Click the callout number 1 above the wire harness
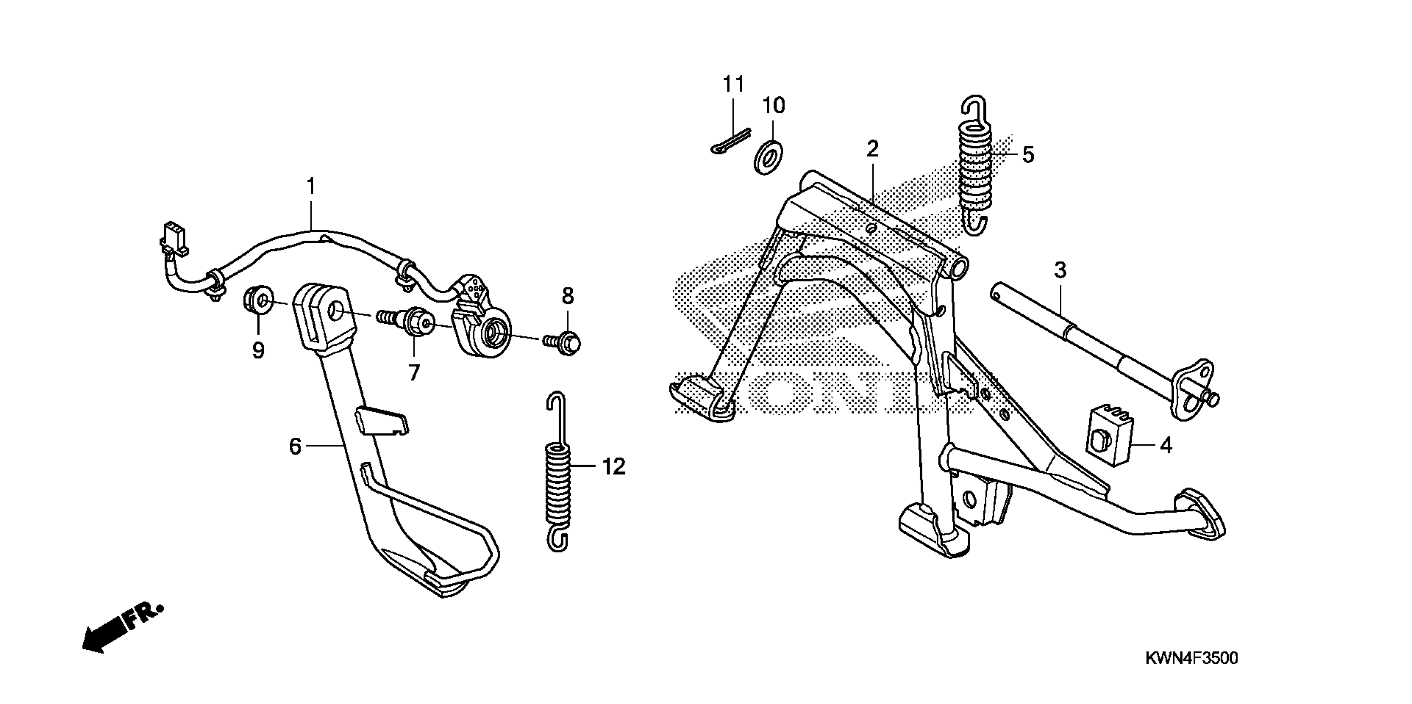pos(311,187)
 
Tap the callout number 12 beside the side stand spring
pos(613,467)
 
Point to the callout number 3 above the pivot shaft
pos(1060,270)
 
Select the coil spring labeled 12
pos(558,482)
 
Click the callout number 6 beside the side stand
pos(295,446)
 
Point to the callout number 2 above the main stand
pos(872,149)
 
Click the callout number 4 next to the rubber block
pos(1166,446)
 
